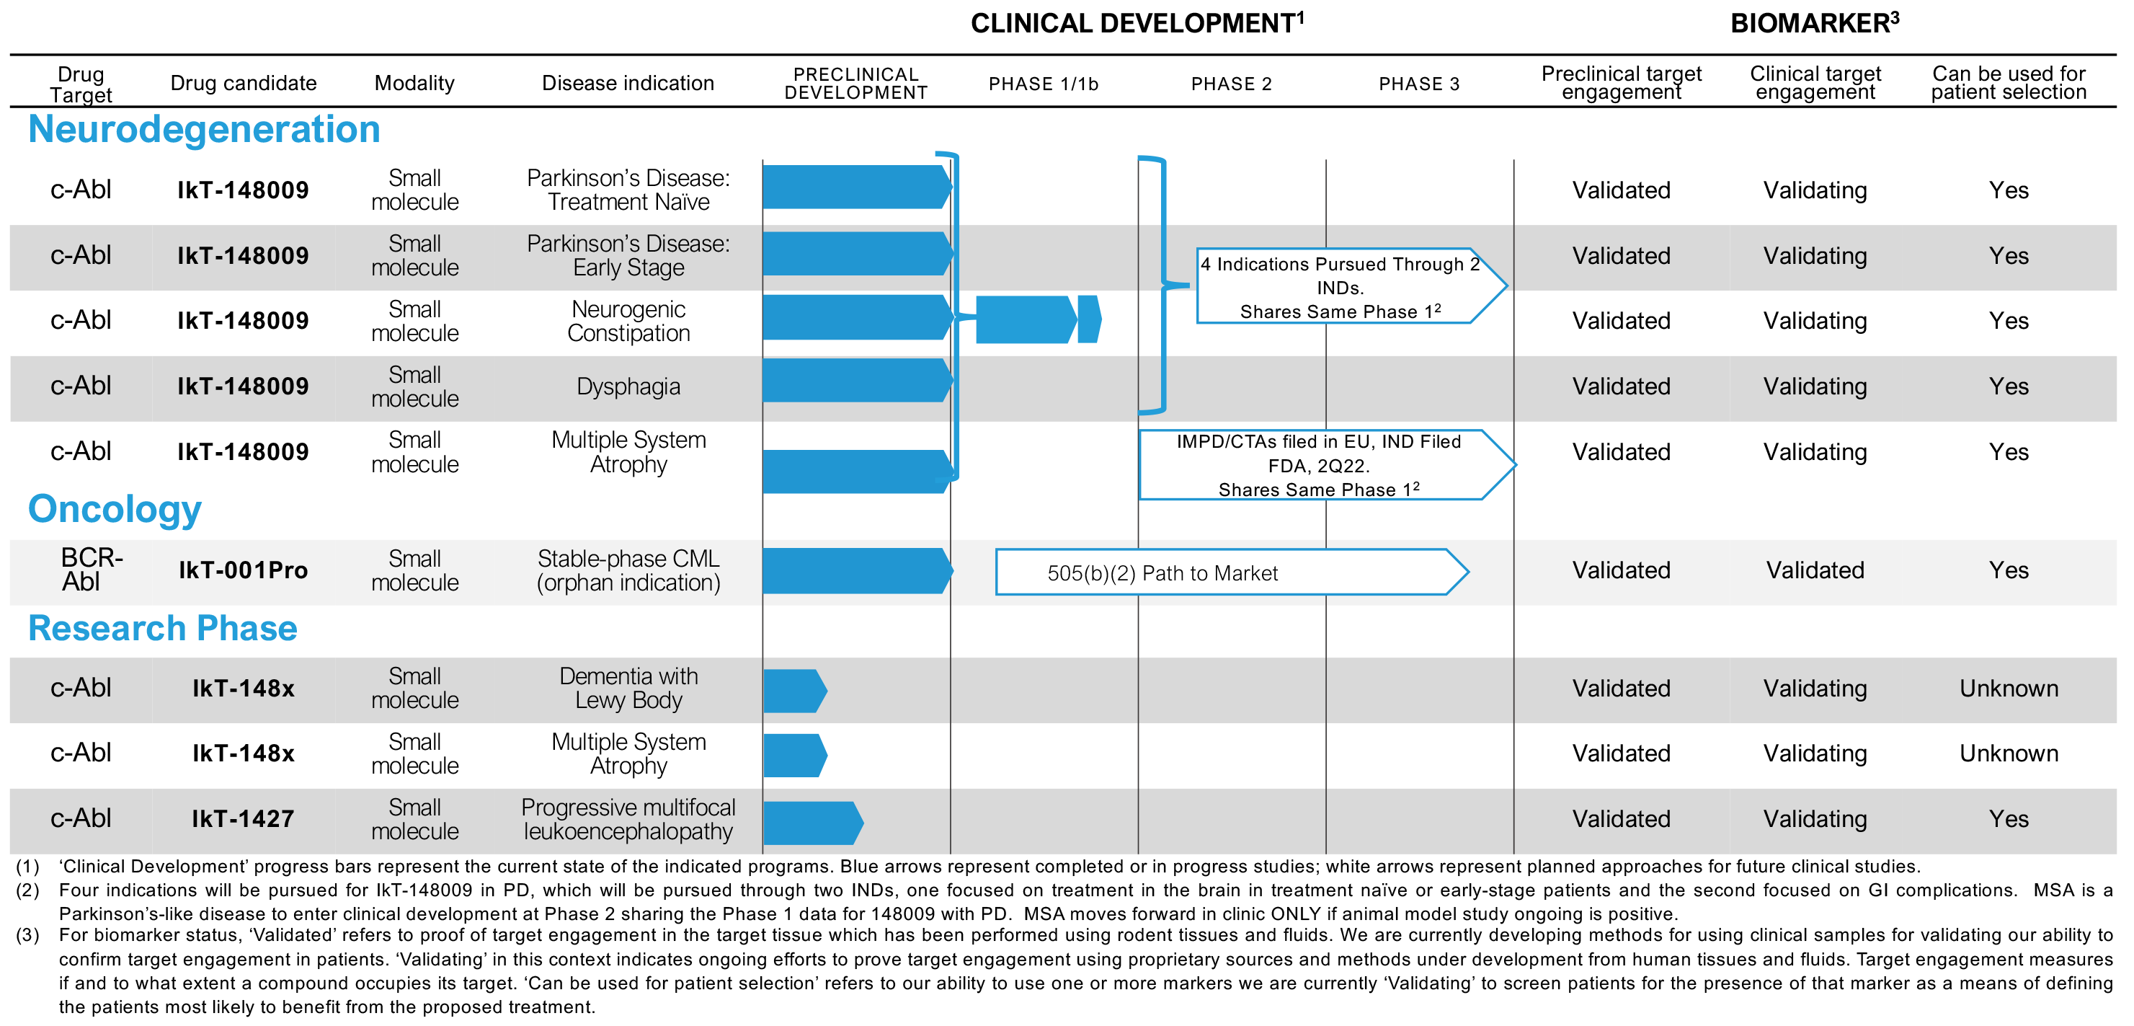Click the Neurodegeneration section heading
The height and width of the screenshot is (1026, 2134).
tap(204, 129)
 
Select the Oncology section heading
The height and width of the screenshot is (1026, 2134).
tap(115, 509)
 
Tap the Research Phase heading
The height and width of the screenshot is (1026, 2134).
tap(163, 628)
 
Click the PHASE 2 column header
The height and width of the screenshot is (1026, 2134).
tap(1231, 84)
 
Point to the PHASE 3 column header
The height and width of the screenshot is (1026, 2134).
tap(1419, 84)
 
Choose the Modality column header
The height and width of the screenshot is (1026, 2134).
tap(414, 83)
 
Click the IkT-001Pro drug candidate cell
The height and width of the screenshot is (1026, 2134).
tap(244, 570)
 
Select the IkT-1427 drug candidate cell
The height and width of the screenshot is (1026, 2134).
tap(244, 819)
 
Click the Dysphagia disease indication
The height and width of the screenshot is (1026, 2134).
tap(628, 386)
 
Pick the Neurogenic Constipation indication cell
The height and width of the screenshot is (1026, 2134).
tap(628, 321)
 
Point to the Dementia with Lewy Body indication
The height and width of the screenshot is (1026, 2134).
tap(628, 688)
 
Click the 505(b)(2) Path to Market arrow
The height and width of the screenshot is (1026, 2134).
tap(1232, 572)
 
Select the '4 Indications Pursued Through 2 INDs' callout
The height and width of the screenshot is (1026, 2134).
tap(1351, 286)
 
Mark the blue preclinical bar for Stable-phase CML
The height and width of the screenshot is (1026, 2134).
tap(858, 571)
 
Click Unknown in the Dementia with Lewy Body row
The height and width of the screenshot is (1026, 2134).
tap(2008, 689)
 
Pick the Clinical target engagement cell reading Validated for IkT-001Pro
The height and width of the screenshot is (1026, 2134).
tap(1815, 570)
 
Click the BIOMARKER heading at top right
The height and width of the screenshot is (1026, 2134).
tap(1814, 22)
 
